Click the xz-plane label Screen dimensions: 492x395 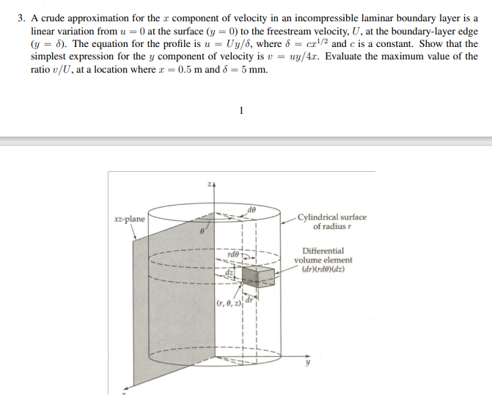130,219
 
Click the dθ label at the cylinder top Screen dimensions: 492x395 251,210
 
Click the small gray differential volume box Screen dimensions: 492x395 257,278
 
